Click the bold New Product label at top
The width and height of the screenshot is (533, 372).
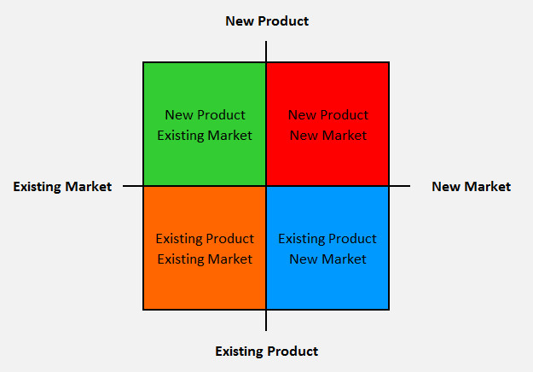pyautogui.click(x=267, y=21)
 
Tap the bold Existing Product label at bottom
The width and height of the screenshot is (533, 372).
pyautogui.click(x=266, y=351)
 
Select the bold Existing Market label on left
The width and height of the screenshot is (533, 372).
pyautogui.click(x=62, y=186)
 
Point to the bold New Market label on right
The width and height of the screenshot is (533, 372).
pyautogui.click(x=471, y=186)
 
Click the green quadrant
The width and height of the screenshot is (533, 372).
pyautogui.click(x=205, y=124)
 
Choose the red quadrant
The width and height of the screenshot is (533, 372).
pyautogui.click(x=327, y=124)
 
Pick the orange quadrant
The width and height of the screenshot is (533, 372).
pyautogui.click(x=205, y=248)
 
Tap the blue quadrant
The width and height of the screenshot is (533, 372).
pyautogui.click(x=327, y=248)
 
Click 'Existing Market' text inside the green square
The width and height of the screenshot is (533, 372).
pyautogui.click(x=205, y=136)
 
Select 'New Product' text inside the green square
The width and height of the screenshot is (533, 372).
pyautogui.click(x=205, y=115)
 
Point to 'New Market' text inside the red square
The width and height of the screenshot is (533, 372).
pyautogui.click(x=328, y=136)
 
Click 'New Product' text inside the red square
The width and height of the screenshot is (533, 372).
pyautogui.click(x=328, y=115)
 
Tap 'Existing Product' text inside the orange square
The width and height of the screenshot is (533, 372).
pyautogui.click(x=205, y=239)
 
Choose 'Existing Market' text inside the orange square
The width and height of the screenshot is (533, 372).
pyautogui.click(x=205, y=259)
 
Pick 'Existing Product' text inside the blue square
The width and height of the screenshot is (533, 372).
pyautogui.click(x=327, y=239)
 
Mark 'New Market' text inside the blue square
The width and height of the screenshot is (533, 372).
pyautogui.click(x=327, y=259)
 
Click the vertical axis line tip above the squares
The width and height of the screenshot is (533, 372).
pyautogui.click(x=266, y=42)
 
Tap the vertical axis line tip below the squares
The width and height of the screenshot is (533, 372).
pyautogui.click(x=266, y=330)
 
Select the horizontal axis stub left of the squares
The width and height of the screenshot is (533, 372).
pyautogui.click(x=133, y=186)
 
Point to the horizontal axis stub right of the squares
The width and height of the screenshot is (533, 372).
pyautogui.click(x=400, y=186)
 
